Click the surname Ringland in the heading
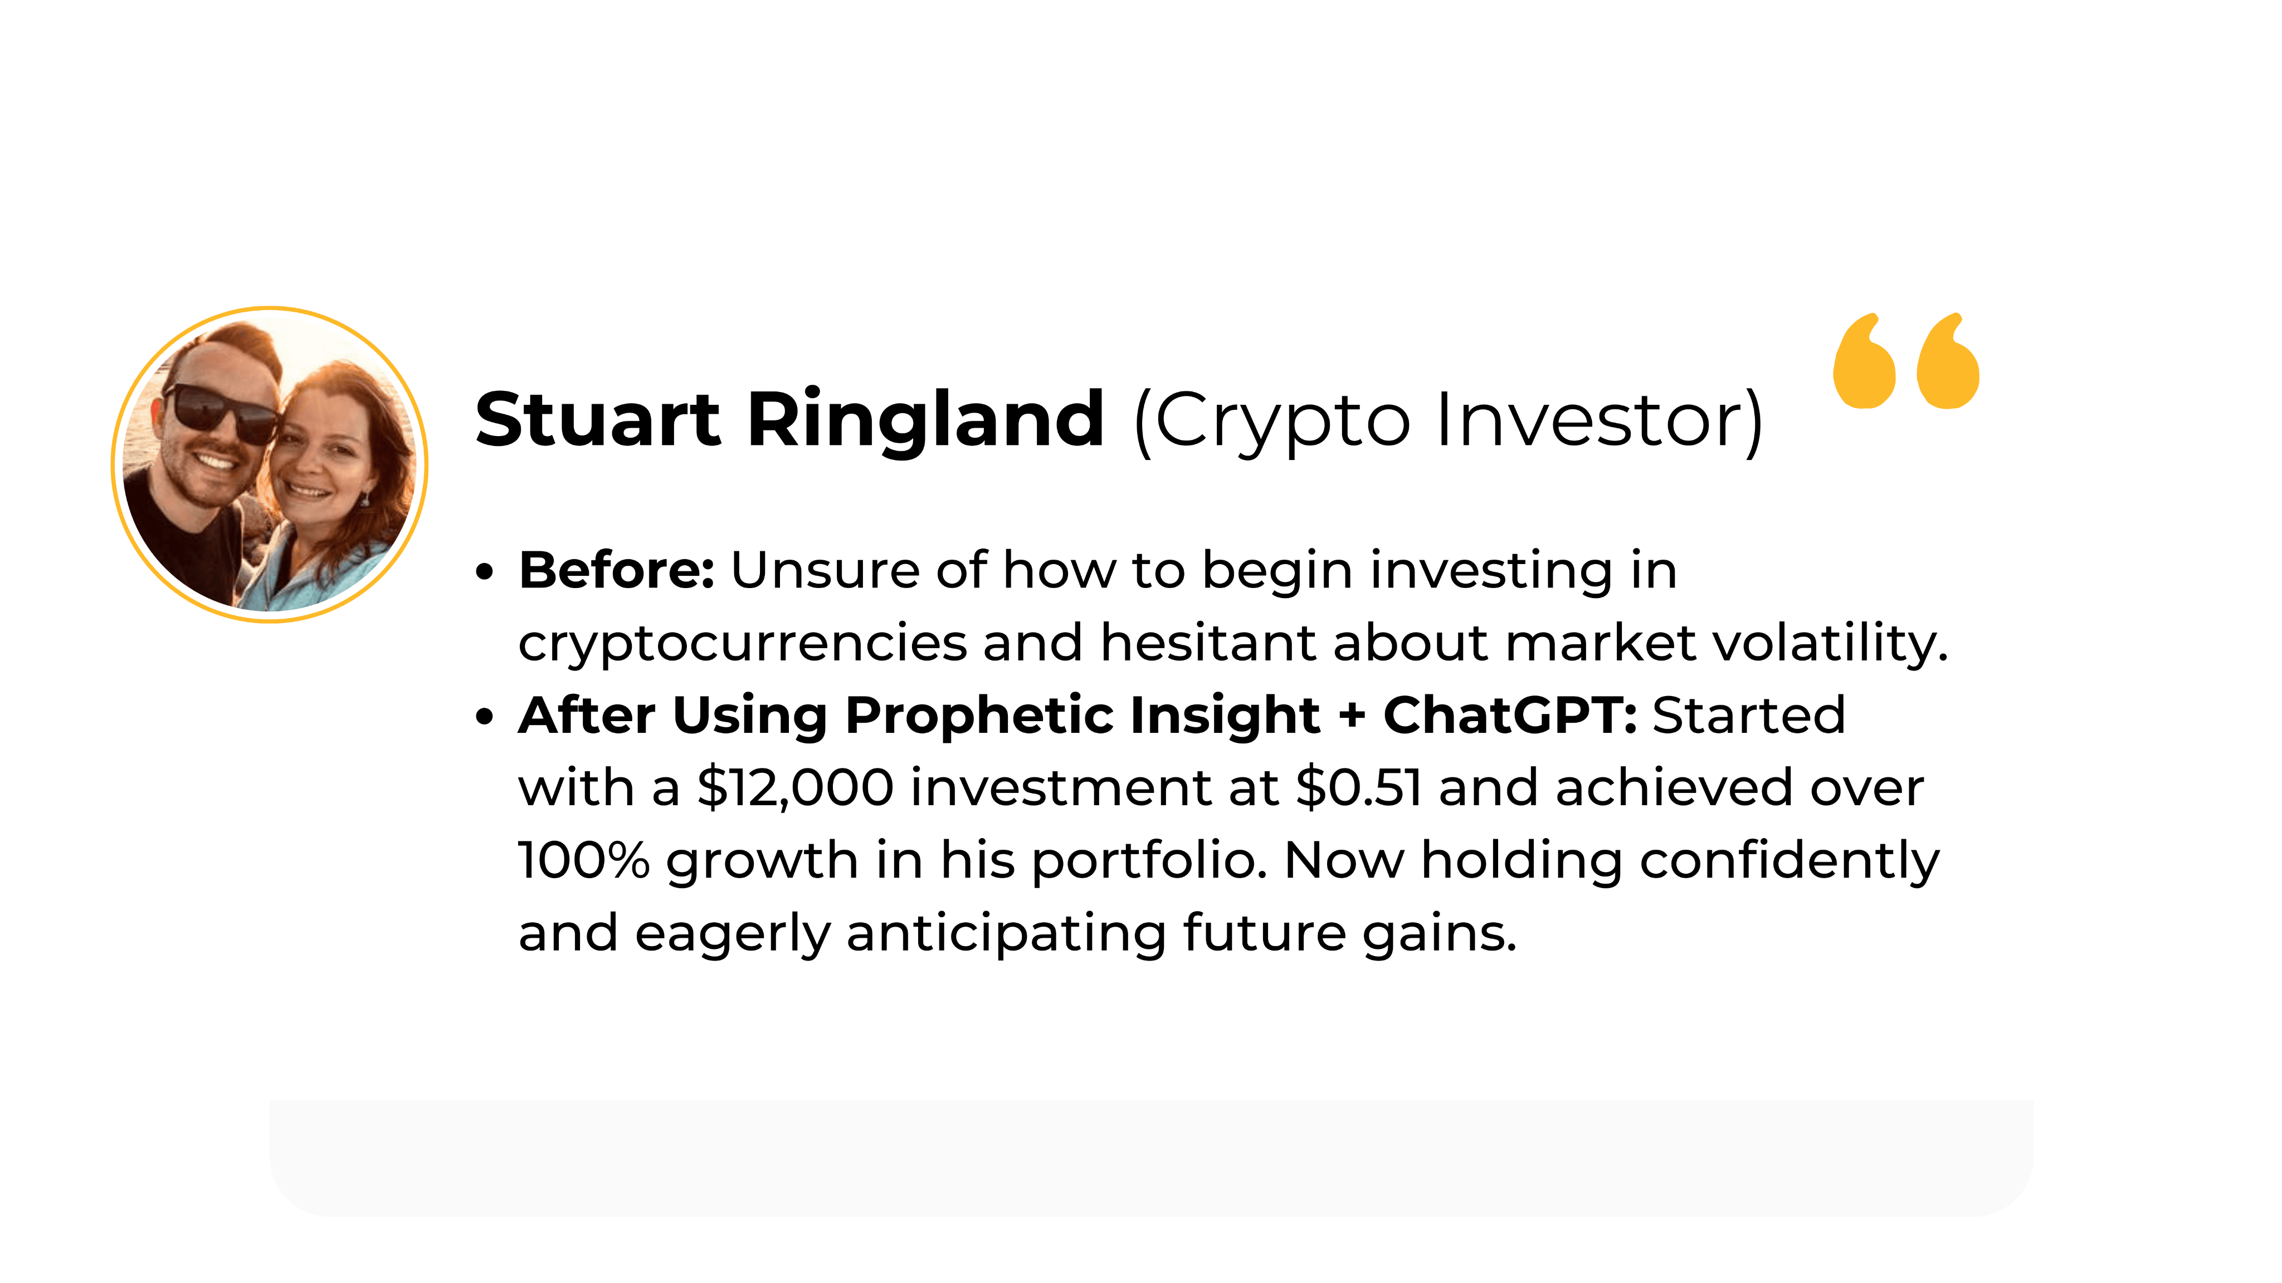tap(926, 423)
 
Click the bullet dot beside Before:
tap(484, 572)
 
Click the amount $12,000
tap(796, 788)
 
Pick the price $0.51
tap(1359, 788)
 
